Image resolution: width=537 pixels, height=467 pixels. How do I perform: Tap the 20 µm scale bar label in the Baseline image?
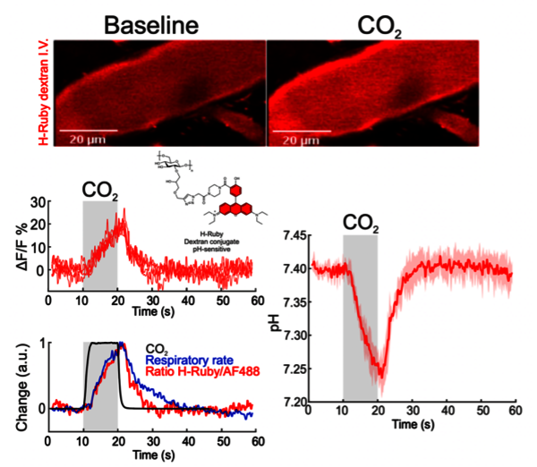82,141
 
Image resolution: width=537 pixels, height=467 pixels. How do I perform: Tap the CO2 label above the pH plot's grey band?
362,225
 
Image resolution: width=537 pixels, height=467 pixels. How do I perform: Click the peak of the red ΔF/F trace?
123,211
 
